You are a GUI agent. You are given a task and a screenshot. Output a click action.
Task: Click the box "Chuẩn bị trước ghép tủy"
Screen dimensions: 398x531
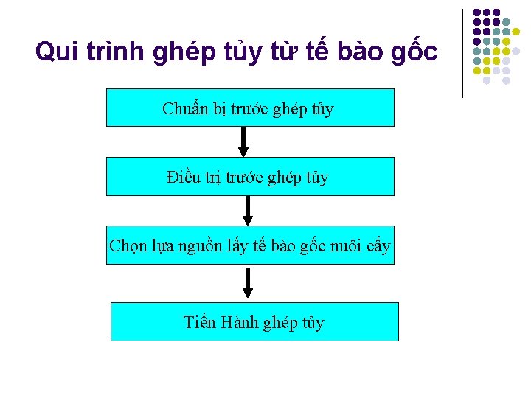[x=250, y=108]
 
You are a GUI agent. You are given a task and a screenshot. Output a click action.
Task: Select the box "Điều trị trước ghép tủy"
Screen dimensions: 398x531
[x=250, y=176]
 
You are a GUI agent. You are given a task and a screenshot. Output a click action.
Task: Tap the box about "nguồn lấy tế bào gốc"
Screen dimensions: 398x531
[x=250, y=245]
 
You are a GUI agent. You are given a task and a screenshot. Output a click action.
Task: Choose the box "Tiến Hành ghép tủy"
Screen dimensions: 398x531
[x=254, y=321]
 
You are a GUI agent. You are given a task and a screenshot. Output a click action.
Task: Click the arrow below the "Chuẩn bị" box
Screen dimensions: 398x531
[x=243, y=142]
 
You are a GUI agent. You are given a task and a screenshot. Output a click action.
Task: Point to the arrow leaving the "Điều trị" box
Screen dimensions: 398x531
[x=248, y=210]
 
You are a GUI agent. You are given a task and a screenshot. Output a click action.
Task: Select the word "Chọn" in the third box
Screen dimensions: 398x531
[x=127, y=245]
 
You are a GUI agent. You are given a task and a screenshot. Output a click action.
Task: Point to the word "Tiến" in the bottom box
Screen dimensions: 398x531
[x=200, y=322]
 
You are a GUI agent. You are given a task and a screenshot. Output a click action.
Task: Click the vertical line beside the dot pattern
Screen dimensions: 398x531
[x=462, y=53]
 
